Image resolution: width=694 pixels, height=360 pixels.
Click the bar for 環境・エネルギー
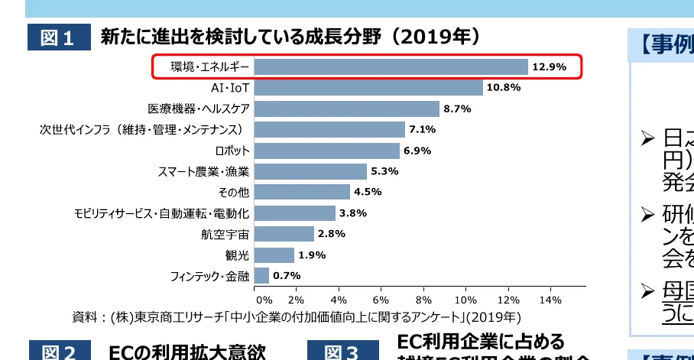pos(391,67)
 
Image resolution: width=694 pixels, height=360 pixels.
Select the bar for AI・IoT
pos(368,88)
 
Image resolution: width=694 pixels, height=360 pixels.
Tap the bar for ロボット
pos(326,151)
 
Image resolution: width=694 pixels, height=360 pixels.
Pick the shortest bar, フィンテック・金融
pos(261,275)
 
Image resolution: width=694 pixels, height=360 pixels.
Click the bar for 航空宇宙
pos(284,234)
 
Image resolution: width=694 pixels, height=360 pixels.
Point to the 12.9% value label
pos(549,67)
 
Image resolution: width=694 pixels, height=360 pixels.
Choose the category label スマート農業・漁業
pos(203,171)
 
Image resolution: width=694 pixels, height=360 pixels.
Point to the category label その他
pos(233,192)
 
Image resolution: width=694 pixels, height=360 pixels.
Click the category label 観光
pos(238,255)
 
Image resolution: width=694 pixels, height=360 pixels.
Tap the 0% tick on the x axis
pos(264,299)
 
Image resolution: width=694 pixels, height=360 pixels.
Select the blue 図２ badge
pos(59,351)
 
